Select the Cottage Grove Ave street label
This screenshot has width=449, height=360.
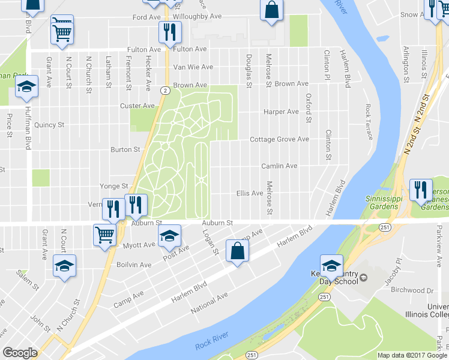click(x=279, y=139)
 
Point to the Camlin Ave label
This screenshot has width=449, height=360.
click(x=279, y=166)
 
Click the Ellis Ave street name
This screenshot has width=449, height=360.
click(x=250, y=193)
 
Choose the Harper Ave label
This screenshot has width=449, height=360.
click(x=281, y=112)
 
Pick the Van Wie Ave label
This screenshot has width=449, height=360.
click(x=193, y=67)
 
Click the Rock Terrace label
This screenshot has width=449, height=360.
click(x=369, y=122)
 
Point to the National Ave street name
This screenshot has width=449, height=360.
click(x=209, y=304)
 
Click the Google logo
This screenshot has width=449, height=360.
click(x=20, y=353)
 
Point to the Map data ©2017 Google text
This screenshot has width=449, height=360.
click(x=412, y=355)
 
